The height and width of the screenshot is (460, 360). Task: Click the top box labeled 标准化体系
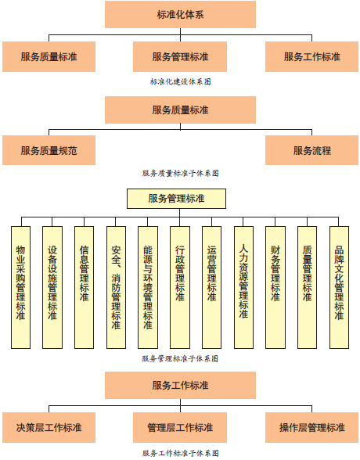pos(180,14)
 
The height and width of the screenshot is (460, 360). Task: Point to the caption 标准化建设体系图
pos(181,81)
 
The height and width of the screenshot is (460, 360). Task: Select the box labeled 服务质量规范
pos(49,150)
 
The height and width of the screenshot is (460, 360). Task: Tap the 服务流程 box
pos(312,150)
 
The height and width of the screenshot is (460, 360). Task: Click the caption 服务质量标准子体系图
pos(181,173)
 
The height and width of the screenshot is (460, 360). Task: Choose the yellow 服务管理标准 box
pos(176,199)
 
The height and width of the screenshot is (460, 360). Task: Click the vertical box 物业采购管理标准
pos(20,288)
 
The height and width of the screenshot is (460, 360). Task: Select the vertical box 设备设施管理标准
pos(52,288)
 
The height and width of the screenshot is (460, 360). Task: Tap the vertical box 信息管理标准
pos(85,288)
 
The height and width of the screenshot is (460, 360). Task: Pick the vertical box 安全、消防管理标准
pos(116,288)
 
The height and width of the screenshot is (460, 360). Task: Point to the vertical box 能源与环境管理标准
pos(148,288)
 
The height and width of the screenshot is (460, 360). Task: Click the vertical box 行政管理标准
pos(180,288)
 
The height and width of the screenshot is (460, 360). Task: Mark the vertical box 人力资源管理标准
pos(243,288)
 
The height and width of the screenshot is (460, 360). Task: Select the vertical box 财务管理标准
pos(275,288)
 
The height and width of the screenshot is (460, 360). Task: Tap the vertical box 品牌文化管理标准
pos(339,288)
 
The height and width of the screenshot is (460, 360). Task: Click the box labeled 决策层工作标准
pos(49,427)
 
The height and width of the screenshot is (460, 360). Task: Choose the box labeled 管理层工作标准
pos(180,427)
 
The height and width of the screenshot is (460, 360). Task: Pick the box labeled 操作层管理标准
pos(312,427)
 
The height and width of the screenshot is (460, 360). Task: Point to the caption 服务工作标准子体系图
pos(181,453)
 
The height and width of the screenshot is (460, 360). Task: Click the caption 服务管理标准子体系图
pos(180,358)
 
